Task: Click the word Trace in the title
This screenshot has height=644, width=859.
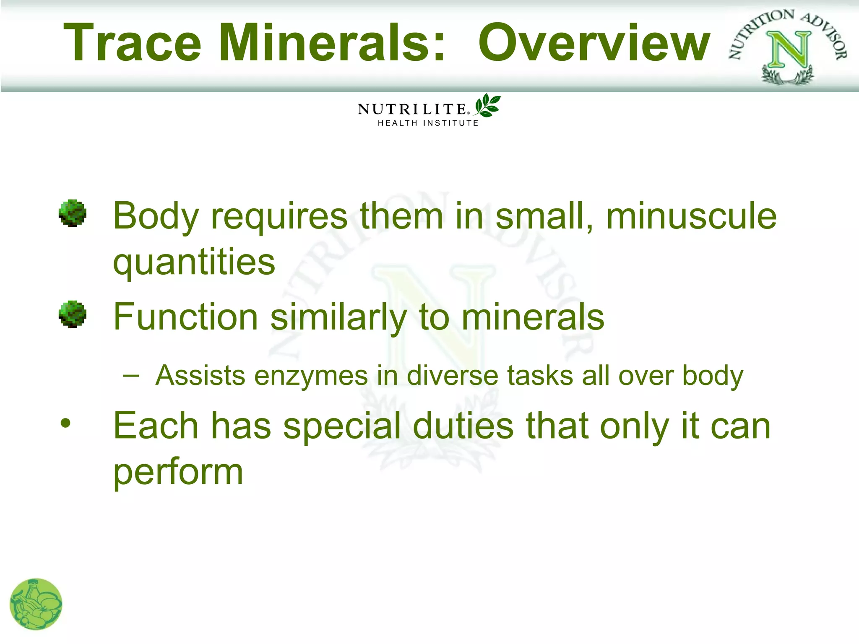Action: tap(132, 43)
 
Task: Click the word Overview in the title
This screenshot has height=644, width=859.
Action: tap(594, 43)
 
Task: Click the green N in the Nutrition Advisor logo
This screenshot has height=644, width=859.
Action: tap(789, 50)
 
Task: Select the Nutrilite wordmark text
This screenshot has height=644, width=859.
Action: tap(412, 109)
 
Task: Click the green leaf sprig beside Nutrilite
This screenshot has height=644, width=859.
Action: tap(487, 105)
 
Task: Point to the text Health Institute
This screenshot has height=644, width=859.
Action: tap(428, 123)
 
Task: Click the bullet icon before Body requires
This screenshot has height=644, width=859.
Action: tap(73, 213)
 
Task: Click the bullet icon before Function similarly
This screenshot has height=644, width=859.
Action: tap(73, 314)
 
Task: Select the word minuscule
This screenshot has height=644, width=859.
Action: tap(691, 216)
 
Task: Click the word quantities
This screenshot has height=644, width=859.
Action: tap(194, 262)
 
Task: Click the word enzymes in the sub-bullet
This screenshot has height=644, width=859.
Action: tap(311, 376)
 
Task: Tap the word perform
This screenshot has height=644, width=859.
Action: tap(178, 473)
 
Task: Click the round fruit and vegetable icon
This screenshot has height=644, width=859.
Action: tap(36, 604)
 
